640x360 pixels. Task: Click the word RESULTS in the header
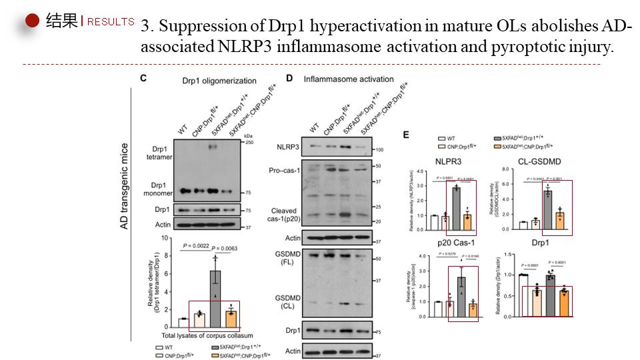(x=111, y=21)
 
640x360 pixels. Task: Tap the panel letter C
(x=143, y=78)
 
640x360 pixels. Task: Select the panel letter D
(x=289, y=78)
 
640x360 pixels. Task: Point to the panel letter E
(x=406, y=134)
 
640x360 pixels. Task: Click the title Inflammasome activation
(x=348, y=79)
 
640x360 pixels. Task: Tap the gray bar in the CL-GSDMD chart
(x=547, y=209)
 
